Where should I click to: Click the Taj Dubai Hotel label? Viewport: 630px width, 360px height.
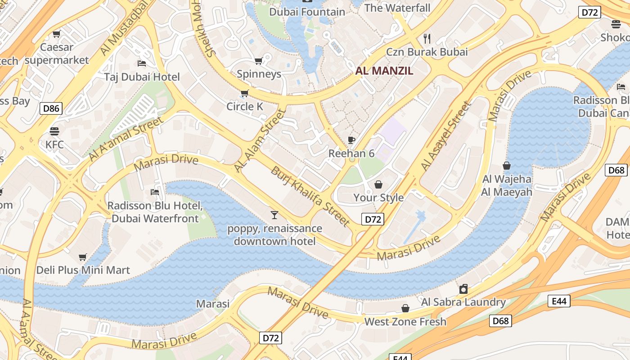coord(142,77)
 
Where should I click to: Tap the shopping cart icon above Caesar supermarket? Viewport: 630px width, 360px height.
coord(56,34)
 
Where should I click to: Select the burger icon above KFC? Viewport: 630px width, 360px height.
coord(54,131)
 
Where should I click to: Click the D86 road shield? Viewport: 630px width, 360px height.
coord(50,108)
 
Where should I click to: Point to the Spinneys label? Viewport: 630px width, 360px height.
coord(259,74)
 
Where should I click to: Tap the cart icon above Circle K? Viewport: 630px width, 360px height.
coord(244,94)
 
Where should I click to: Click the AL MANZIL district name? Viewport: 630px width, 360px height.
coord(384,71)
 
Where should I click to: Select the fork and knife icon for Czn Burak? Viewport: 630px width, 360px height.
coord(427,38)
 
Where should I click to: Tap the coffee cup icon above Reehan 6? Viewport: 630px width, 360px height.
coord(351,140)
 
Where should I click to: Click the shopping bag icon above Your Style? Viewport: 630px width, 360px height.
coord(378,184)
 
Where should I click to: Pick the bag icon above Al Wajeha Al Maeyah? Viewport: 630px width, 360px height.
coord(507,166)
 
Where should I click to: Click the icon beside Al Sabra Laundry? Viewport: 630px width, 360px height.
coord(463,289)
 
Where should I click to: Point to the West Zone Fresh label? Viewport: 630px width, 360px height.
coord(405,321)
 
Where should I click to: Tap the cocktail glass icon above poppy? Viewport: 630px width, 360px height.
coord(274,215)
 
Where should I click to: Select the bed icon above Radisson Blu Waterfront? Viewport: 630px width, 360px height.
coord(155,192)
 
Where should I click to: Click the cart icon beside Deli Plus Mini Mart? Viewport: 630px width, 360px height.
coord(82,257)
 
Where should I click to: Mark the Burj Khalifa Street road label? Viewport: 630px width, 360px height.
coord(310,197)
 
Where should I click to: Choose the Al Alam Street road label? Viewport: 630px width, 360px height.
coord(260,140)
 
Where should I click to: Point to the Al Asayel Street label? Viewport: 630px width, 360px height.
coord(446,136)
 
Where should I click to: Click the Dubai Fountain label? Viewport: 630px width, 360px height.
coord(307,12)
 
